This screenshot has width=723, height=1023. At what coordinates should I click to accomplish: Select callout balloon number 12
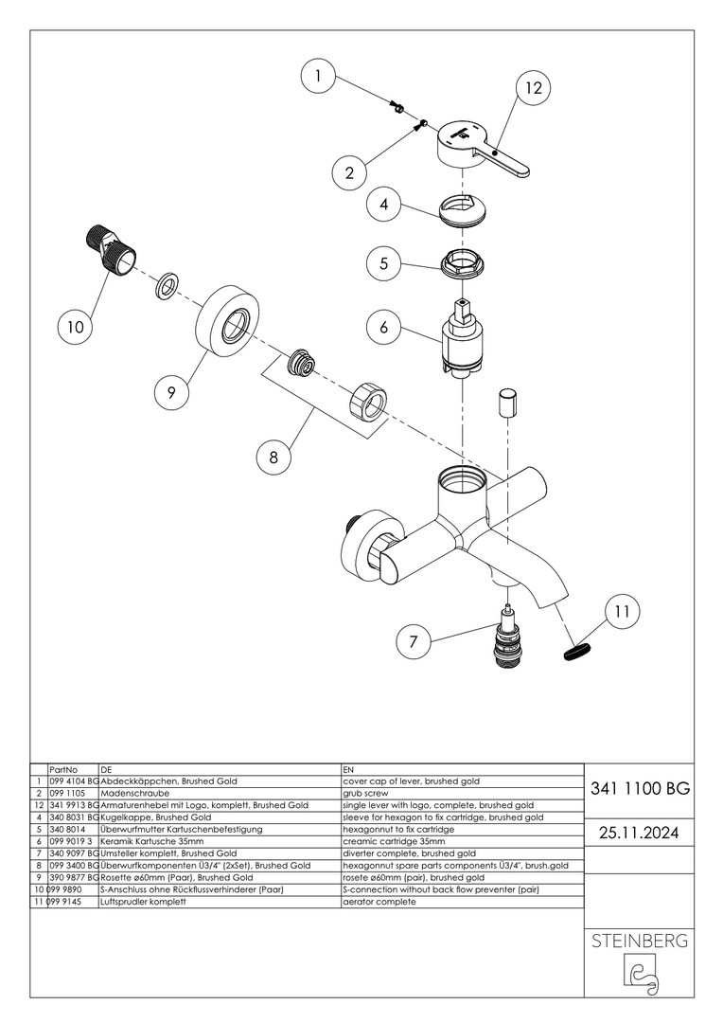533,88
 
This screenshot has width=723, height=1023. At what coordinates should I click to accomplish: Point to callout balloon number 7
413,642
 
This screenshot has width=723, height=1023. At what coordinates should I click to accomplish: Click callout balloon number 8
273,457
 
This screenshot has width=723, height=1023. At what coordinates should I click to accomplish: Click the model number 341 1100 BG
639,788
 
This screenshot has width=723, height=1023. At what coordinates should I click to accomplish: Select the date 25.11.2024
639,833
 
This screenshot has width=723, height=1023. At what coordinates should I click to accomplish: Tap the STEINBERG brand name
640,942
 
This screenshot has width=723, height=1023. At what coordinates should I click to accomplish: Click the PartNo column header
63,769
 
